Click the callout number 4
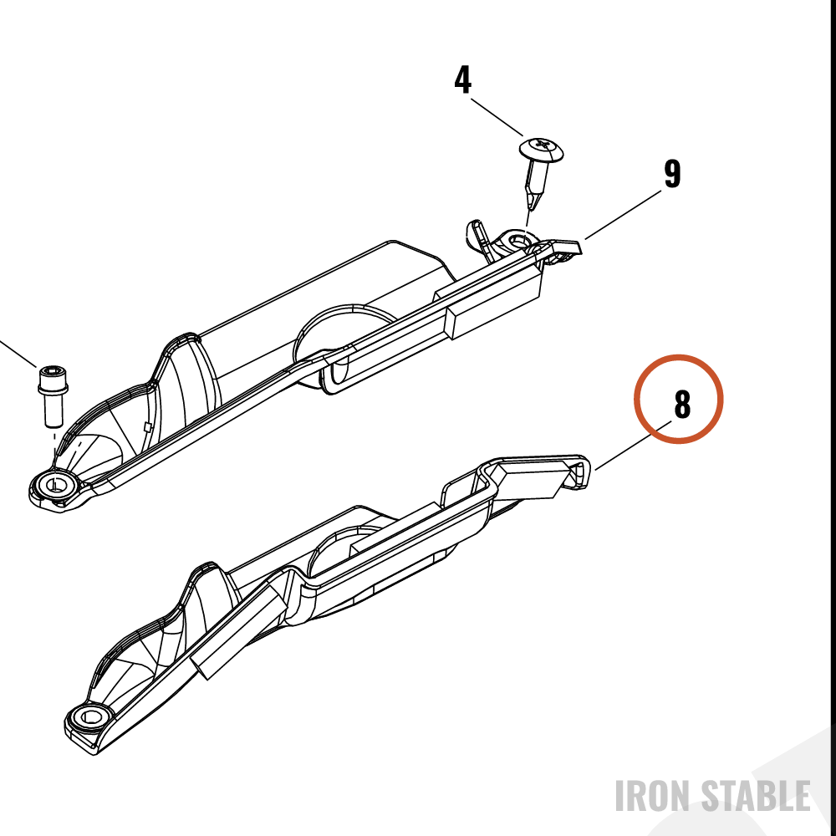click(x=463, y=80)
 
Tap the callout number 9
click(x=672, y=174)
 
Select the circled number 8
click(x=682, y=405)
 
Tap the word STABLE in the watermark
click(x=755, y=796)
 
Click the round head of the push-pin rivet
click(x=542, y=150)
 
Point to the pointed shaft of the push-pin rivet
click(x=535, y=185)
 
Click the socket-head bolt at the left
click(x=52, y=395)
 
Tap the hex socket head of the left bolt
click(x=52, y=372)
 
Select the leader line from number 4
click(x=497, y=117)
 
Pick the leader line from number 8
click(x=633, y=446)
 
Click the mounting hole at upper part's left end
click(x=55, y=484)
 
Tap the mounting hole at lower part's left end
click(x=89, y=716)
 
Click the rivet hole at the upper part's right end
click(x=517, y=241)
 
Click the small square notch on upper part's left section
click(x=148, y=426)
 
